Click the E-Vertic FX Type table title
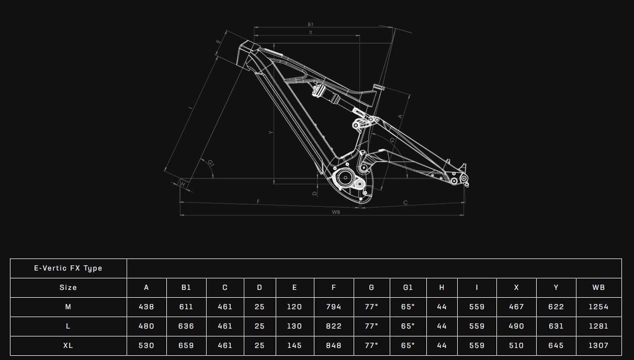68,268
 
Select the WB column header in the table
598,287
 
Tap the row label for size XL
68,345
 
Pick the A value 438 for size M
146,307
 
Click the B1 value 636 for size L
186,326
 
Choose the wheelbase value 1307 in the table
598,345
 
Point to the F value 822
333,326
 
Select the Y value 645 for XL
556,345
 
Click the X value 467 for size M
516,307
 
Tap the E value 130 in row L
294,326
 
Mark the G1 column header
407,287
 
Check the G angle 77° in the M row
371,307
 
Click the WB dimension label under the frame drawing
336,212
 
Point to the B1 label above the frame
310,25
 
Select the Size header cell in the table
68,287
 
